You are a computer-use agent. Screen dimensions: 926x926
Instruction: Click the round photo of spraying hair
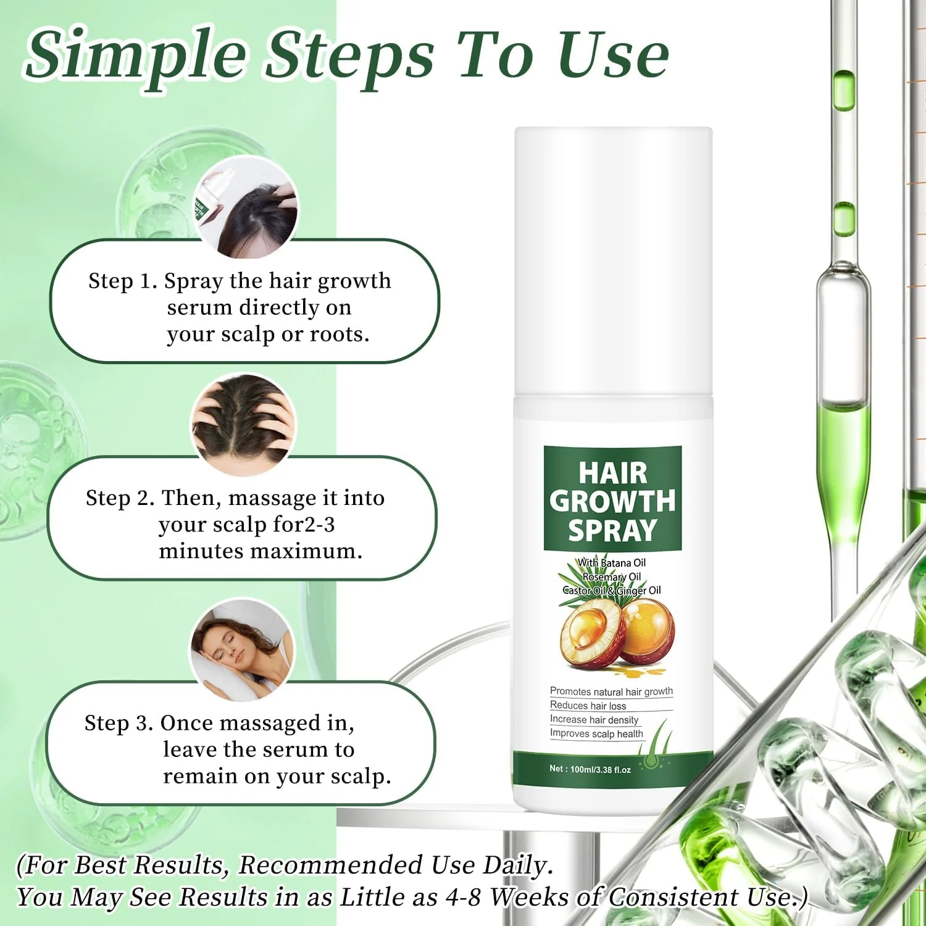tap(246, 207)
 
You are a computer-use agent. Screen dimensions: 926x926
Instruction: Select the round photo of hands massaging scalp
tap(243, 425)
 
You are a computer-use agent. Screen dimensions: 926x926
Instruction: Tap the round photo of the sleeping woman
tap(242, 649)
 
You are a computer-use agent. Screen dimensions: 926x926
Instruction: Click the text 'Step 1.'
tap(123, 281)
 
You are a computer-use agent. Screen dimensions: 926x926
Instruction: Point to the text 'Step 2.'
tap(120, 498)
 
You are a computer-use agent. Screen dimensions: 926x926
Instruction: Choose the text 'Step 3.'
tap(119, 723)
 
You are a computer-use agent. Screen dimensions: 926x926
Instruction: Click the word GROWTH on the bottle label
tap(612, 501)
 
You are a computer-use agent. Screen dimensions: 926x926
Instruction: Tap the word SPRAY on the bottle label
tap(612, 531)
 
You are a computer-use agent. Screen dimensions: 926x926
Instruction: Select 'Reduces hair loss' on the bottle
tap(588, 706)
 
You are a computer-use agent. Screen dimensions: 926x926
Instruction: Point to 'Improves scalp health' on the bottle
tap(596, 733)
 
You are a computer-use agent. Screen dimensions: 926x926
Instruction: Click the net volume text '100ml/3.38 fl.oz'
tap(600, 770)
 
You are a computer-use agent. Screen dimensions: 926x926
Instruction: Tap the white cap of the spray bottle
tap(614, 262)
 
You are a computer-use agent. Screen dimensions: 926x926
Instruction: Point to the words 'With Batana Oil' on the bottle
tap(612, 562)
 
